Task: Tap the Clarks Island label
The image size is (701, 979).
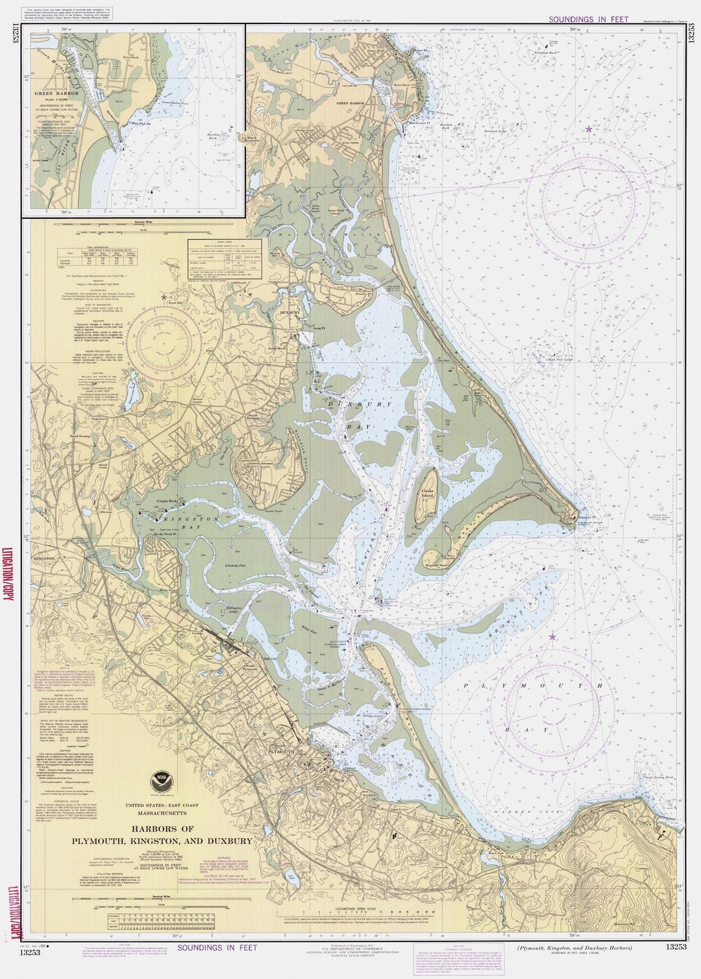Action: (x=427, y=495)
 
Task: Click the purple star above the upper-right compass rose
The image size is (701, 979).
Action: (x=589, y=129)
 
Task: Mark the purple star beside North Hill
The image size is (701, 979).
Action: (x=164, y=297)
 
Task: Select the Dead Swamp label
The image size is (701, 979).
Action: (x=80, y=436)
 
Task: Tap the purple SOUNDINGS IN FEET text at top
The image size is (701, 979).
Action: (x=588, y=19)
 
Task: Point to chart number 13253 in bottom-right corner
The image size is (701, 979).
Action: (x=675, y=947)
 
